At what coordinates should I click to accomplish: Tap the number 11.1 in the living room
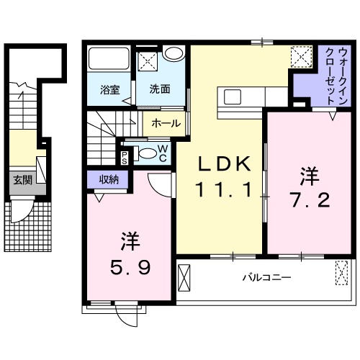tap(224, 190)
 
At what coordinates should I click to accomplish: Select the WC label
tap(163, 153)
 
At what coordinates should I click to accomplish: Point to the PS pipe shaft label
tap(125, 158)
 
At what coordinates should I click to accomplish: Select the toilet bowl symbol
tap(146, 153)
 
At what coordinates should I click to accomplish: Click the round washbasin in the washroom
tap(173, 53)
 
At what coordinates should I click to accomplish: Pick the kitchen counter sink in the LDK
tap(235, 96)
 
